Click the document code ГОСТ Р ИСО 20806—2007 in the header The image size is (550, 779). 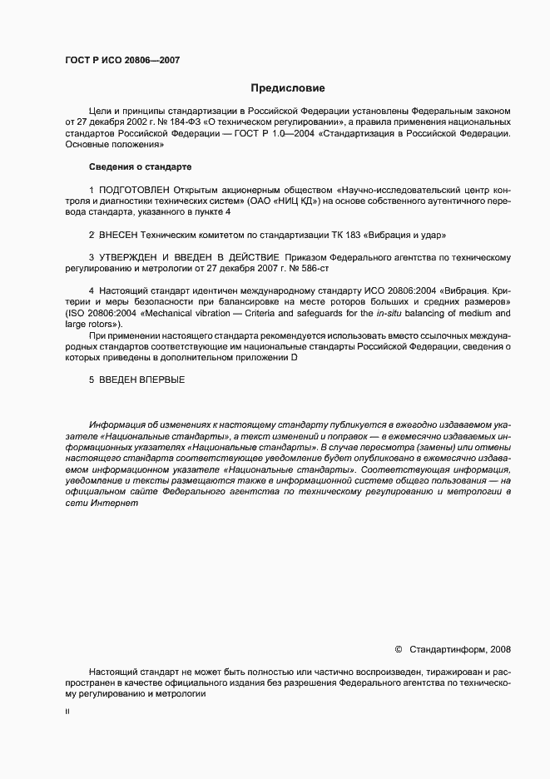click(x=122, y=60)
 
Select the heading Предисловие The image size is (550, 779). click(x=288, y=88)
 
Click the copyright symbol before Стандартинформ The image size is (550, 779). click(x=399, y=649)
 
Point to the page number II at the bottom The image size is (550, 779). click(x=67, y=712)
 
